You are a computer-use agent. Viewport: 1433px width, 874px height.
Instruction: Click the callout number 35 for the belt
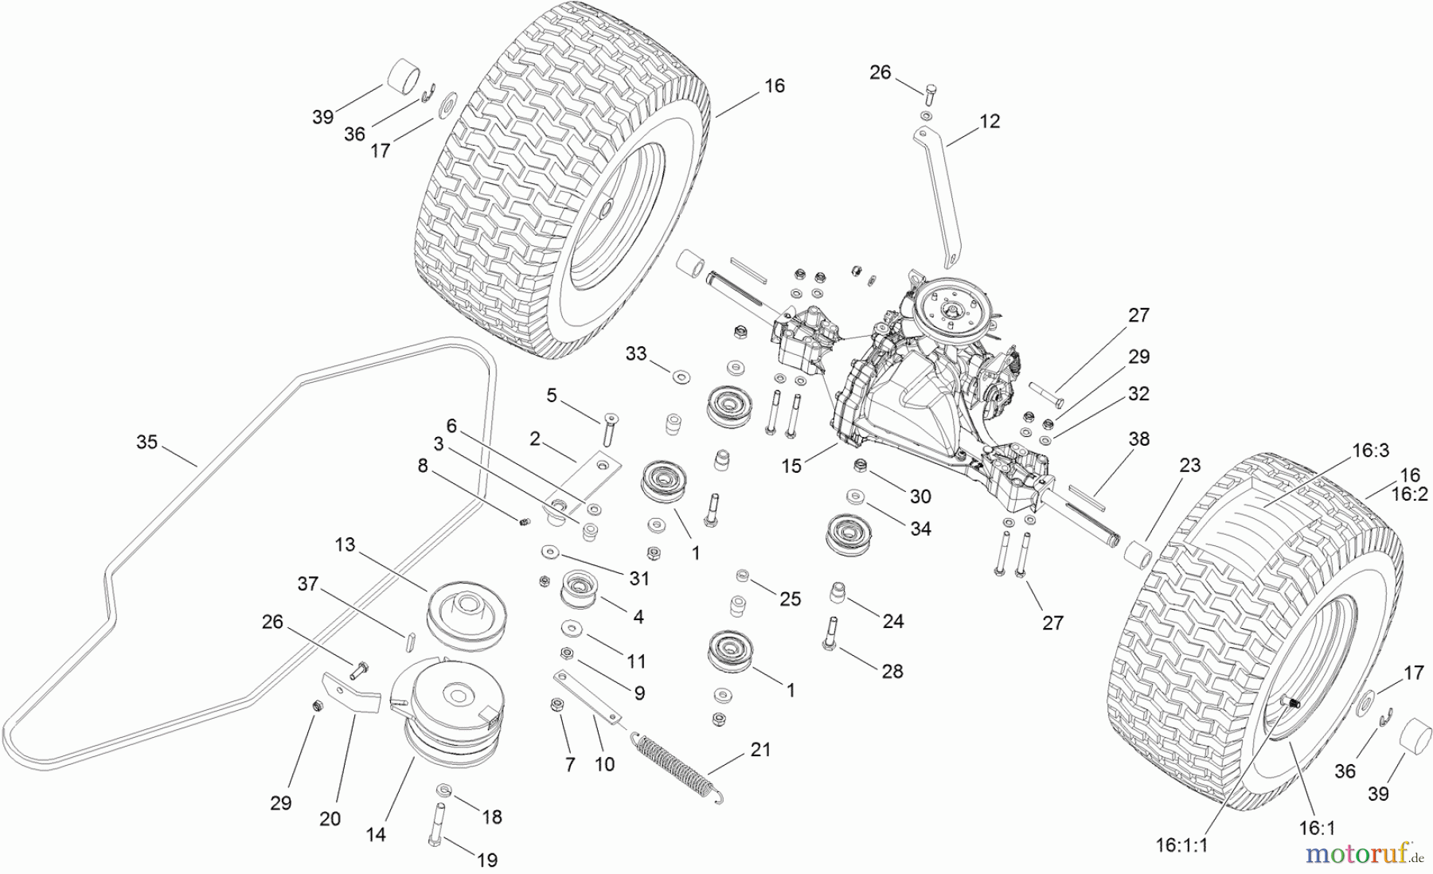point(146,442)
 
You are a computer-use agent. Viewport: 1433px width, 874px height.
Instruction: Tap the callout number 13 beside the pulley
point(345,544)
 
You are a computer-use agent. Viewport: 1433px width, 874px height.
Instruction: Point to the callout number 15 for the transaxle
point(791,466)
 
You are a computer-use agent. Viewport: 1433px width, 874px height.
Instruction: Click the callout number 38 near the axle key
point(1139,439)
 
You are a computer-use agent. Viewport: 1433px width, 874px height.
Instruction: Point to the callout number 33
point(635,353)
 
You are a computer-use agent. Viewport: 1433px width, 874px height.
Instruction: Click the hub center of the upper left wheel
point(606,208)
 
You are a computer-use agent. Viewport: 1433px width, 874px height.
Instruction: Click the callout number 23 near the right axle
point(1189,466)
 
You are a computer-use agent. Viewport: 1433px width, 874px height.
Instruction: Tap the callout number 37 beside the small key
point(307,583)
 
